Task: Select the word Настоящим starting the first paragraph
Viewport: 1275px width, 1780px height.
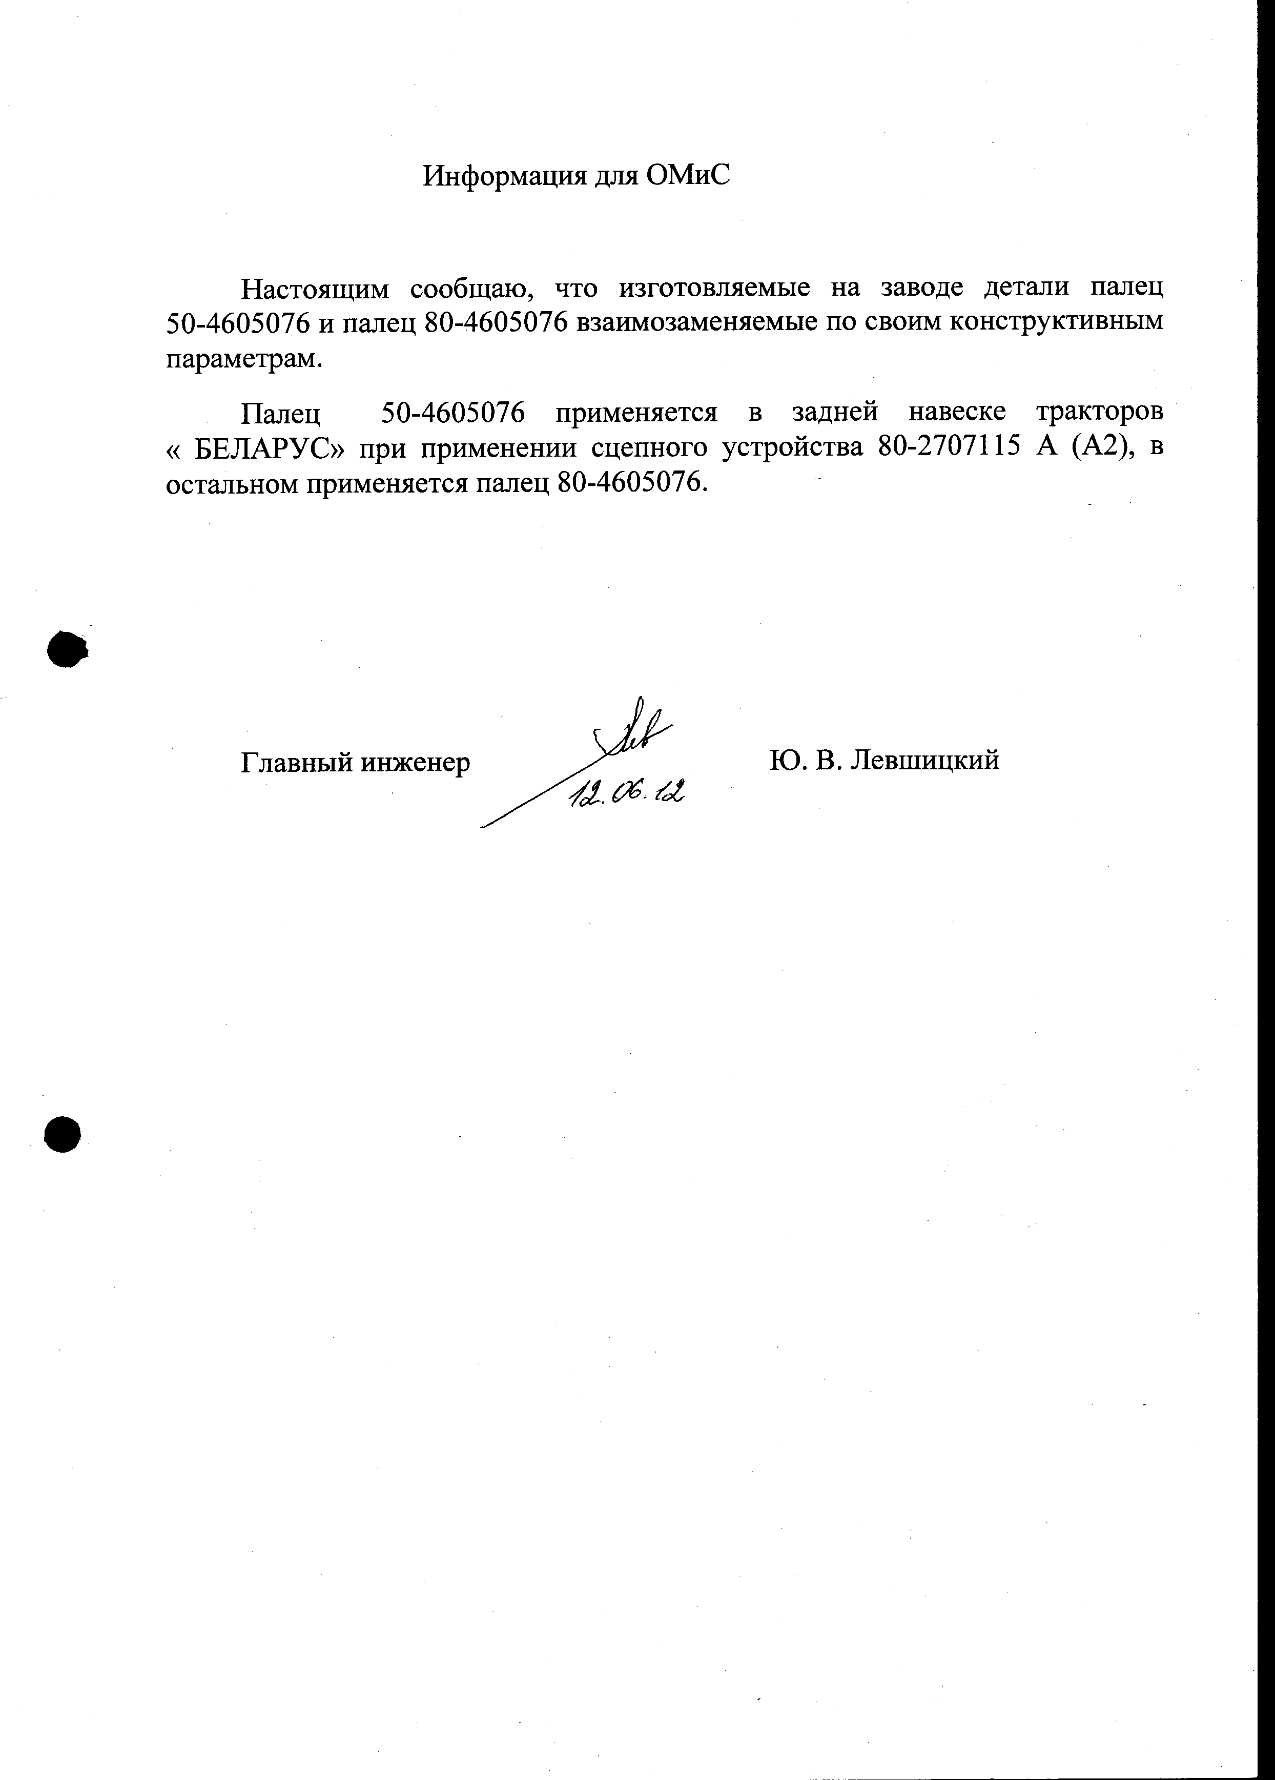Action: tap(315, 290)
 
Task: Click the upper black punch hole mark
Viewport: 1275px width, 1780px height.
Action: tap(66, 649)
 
